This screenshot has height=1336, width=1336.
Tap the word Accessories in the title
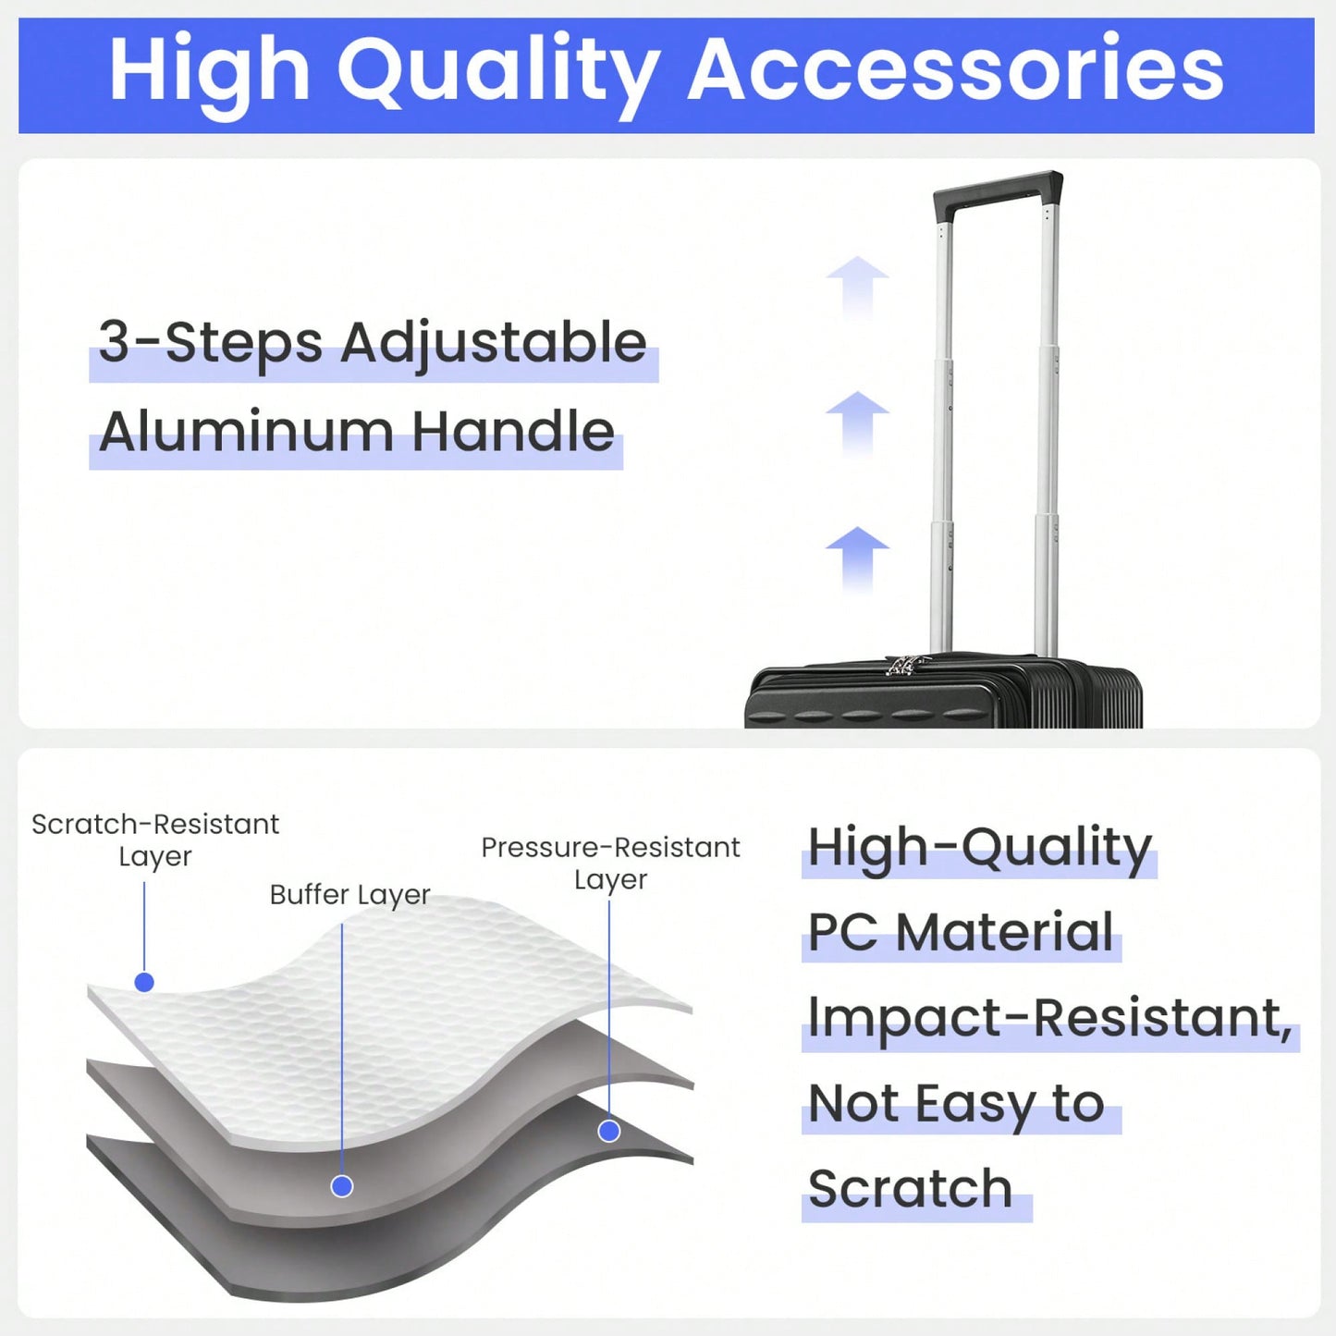tap(956, 70)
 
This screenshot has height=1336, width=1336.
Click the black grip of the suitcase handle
tap(999, 192)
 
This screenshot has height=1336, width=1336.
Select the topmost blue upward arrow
tap(857, 287)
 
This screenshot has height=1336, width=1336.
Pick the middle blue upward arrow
tap(857, 423)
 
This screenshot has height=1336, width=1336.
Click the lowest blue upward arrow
tap(857, 558)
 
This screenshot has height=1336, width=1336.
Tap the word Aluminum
tap(246, 431)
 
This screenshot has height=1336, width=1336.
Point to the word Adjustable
tap(493, 344)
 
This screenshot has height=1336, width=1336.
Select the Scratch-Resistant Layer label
tap(155, 840)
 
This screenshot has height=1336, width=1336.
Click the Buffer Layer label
tap(349, 895)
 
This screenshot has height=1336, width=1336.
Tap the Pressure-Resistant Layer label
tap(610, 864)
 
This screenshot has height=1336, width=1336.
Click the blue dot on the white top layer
tap(144, 982)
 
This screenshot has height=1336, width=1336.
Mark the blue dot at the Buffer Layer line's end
tap(342, 1185)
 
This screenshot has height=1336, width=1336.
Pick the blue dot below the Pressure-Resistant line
tap(608, 1131)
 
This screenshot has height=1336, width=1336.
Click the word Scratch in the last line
tap(911, 1188)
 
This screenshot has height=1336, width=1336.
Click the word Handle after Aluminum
tap(513, 431)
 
